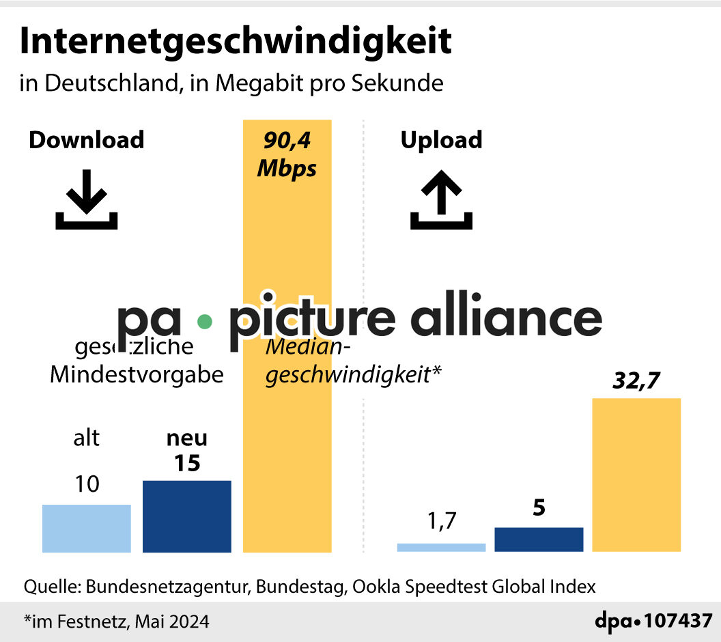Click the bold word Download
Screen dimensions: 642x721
[86, 139]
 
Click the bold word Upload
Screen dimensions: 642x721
[441, 139]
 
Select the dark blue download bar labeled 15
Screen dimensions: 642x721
[186, 516]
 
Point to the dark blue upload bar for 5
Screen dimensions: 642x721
[539, 540]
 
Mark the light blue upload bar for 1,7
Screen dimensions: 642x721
[441, 547]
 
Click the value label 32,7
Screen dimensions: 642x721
[636, 380]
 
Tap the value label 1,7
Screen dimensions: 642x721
[441, 522]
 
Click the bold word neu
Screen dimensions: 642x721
[186, 438]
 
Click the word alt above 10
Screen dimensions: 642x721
[86, 438]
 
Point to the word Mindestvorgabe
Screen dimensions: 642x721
[137, 375]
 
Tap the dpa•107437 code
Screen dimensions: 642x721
[653, 622]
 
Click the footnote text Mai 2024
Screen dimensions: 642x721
[172, 622]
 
